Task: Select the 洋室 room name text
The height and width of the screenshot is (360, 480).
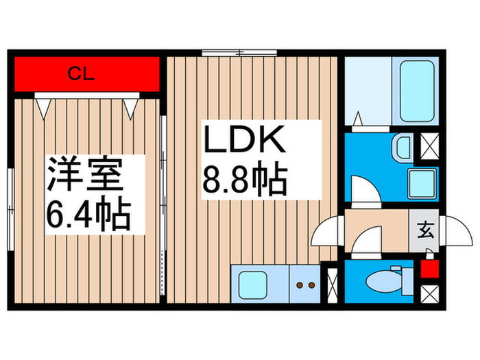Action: [85, 176]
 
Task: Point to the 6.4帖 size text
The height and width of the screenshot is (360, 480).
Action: [88, 215]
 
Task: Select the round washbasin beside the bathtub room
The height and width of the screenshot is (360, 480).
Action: [403, 147]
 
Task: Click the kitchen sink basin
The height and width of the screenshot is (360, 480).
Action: [252, 283]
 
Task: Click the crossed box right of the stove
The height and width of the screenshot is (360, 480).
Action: [333, 283]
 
